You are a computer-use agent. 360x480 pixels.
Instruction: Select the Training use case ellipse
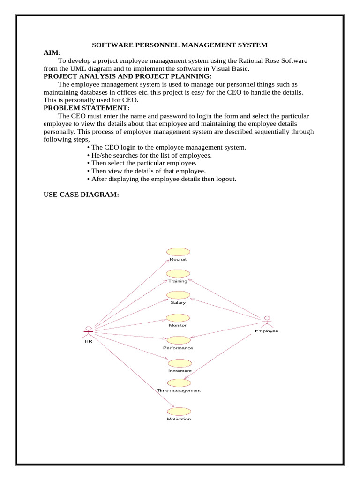[179, 273]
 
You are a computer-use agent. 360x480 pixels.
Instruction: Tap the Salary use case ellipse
[179, 295]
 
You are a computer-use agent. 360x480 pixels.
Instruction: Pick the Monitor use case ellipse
[179, 318]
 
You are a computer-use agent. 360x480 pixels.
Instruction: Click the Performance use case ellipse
[179, 340]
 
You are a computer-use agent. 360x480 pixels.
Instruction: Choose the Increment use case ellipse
[180, 363]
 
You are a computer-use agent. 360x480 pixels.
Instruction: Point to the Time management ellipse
[180, 382]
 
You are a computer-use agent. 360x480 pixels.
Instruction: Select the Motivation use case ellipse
[180, 411]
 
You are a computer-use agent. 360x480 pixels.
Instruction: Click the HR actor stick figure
[88, 331]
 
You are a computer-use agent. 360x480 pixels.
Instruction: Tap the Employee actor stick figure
[267, 322]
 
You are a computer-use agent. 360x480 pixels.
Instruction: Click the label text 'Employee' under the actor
[267, 331]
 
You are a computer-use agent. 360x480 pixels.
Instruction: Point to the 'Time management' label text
[179, 390]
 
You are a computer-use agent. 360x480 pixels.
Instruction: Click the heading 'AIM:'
[52, 53]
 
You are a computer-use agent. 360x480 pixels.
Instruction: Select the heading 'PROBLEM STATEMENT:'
[86, 108]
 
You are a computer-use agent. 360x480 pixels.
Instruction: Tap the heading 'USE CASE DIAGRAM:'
[81, 195]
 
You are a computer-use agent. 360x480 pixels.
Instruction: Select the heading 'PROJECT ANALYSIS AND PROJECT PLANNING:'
[127, 76]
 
